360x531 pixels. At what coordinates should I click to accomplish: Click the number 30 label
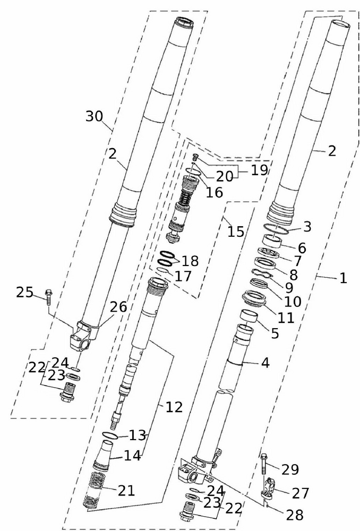pos(95,116)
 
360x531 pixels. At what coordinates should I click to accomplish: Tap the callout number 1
pos(343,278)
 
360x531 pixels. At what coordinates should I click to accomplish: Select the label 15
pos(236,232)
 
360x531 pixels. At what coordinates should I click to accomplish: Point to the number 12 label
pos(174,407)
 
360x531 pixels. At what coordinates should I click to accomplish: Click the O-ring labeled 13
pos(109,436)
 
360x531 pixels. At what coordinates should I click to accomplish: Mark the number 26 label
pos(118,306)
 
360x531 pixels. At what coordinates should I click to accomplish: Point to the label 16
pos(215,192)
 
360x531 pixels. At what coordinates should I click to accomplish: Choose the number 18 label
pos(190,261)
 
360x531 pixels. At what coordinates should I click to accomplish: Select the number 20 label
pos(224,176)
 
